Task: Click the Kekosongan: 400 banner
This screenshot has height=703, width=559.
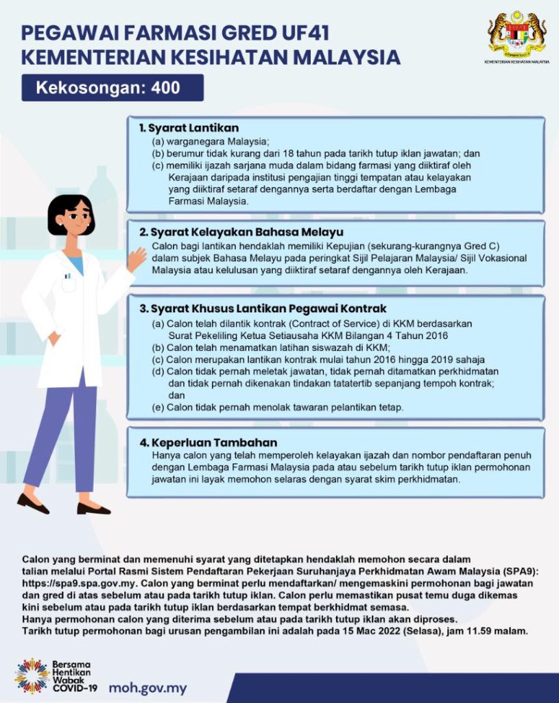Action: click(x=112, y=88)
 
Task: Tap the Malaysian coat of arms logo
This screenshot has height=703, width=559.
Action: click(x=517, y=34)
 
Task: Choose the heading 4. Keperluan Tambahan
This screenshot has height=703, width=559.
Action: click(x=204, y=443)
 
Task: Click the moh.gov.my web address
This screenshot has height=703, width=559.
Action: click(x=147, y=687)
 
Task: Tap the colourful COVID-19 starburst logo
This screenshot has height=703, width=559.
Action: click(x=31, y=677)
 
